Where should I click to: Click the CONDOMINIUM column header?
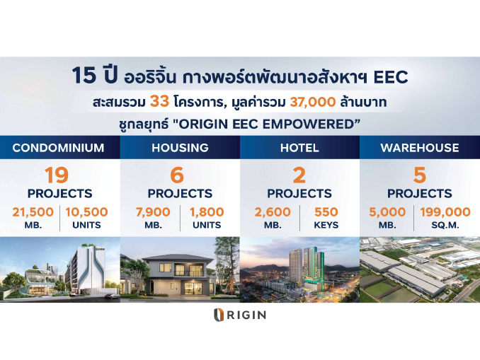58,148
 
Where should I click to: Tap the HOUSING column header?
180,148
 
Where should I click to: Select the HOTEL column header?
299,148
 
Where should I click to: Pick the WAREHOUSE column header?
420,148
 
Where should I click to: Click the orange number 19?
57,175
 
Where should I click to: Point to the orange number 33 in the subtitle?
159,102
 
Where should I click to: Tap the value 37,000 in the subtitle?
312,102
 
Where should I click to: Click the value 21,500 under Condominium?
33,212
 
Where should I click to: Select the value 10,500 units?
86,212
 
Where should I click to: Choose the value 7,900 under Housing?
153,212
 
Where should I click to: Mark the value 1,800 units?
207,212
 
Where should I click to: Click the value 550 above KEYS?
326,212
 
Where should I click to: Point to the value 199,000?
445,212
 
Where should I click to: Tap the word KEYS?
326,225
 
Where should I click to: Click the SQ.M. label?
445,225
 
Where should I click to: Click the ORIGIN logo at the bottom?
240,315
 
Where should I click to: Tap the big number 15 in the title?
84,76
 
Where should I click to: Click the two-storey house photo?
180,269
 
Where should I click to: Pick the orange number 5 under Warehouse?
419,175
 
